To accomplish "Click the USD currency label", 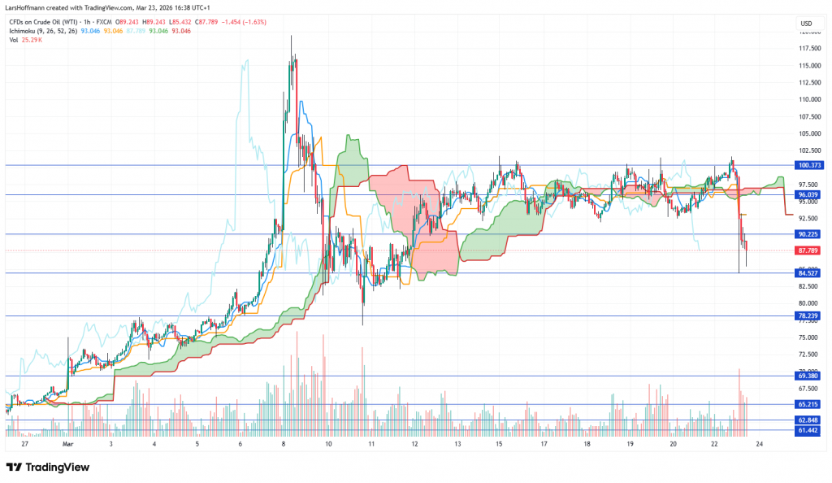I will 807,23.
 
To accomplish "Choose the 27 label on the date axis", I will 25,445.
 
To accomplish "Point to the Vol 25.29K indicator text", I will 27,39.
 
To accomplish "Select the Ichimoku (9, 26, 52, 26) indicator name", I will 41,30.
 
